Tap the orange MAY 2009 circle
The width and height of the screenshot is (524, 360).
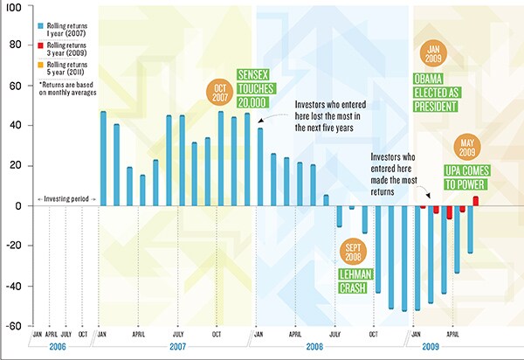[x=468, y=147]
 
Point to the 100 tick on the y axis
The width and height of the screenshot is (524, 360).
[x=14, y=17]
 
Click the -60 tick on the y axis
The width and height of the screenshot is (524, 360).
[x=14, y=327]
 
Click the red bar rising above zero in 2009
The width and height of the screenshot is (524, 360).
[x=476, y=201]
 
